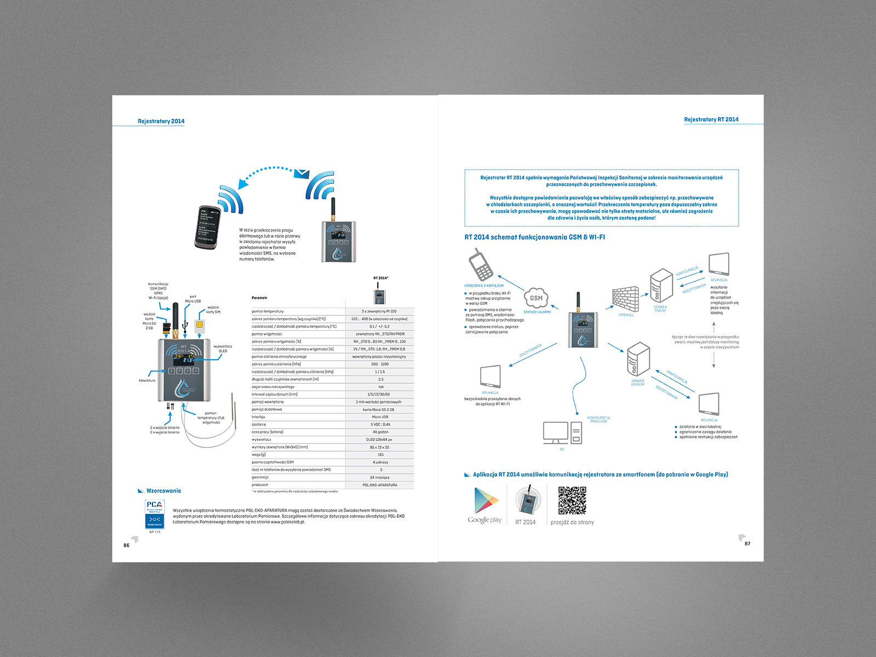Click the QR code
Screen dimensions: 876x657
pyautogui.click(x=572, y=500)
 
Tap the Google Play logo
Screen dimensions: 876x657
pyautogui.click(x=486, y=500)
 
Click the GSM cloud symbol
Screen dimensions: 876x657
pyautogui.click(x=536, y=298)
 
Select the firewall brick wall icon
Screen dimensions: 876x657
pyautogui.click(x=625, y=299)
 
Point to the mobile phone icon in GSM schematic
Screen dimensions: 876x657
pyautogui.click(x=480, y=264)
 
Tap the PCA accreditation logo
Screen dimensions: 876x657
pyautogui.click(x=155, y=514)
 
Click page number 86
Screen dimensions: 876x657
pyautogui.click(x=126, y=545)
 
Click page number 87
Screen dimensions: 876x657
pyautogui.click(x=747, y=544)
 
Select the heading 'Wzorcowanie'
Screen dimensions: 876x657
pyautogui.click(x=163, y=491)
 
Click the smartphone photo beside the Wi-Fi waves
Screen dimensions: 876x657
pyautogui.click(x=208, y=227)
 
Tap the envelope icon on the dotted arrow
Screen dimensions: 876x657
pyautogui.click(x=302, y=174)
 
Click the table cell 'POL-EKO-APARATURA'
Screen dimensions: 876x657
pyautogui.click(x=380, y=485)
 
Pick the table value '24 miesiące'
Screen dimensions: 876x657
pyautogui.click(x=380, y=477)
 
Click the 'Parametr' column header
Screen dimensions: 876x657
pyautogui.click(x=260, y=298)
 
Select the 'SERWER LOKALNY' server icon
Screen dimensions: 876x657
pyautogui.click(x=638, y=359)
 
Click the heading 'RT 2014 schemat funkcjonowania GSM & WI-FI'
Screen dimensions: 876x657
pyautogui.click(x=534, y=237)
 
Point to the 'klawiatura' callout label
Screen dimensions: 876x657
pyautogui.click(x=147, y=380)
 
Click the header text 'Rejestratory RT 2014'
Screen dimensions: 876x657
pyautogui.click(x=711, y=119)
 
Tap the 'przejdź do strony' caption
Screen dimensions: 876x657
pyautogui.click(x=572, y=522)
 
